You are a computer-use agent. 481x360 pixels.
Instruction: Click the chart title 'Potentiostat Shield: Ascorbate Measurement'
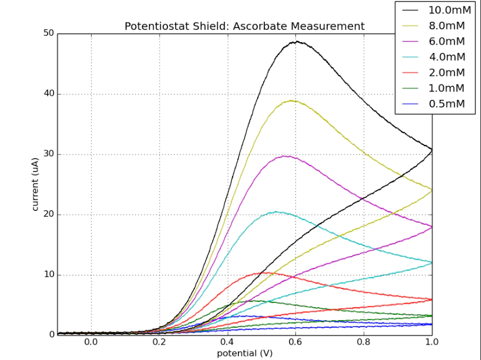244,26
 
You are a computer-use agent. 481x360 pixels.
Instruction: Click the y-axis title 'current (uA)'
35,184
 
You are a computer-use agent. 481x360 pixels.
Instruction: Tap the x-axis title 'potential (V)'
244,354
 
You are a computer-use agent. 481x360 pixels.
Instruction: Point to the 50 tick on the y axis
48,33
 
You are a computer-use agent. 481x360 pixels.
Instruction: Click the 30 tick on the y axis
48,154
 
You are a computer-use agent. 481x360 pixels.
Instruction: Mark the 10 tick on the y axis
48,275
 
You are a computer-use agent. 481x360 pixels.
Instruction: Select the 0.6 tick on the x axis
296,341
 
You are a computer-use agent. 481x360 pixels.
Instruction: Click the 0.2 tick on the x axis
160,341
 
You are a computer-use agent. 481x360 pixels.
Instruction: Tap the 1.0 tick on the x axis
432,341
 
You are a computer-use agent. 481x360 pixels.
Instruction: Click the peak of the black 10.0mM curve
298,42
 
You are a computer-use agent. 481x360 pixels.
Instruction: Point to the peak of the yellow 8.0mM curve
291,100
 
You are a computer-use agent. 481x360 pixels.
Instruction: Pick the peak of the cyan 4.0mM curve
275,212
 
